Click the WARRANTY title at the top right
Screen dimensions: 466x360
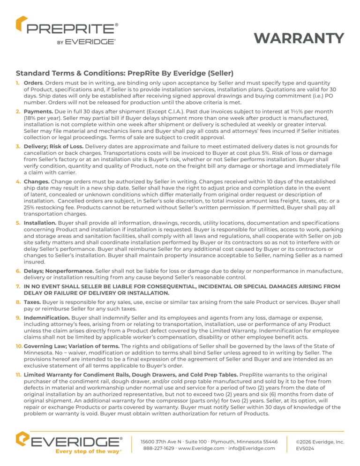click(x=299, y=38)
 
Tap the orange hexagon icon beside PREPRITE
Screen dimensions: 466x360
click(x=21, y=24)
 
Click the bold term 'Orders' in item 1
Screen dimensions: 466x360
click(x=33, y=83)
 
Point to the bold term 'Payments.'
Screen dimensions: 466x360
click(x=38, y=112)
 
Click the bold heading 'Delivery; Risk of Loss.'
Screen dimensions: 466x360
click(x=53, y=147)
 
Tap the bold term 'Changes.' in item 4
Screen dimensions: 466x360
click(x=37, y=181)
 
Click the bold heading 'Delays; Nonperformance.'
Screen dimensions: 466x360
click(x=59, y=271)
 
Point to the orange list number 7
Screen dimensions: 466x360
click(x=18, y=286)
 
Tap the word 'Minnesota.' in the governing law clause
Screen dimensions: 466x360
click(x=38, y=353)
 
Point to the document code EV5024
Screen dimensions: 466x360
click(x=305, y=448)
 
